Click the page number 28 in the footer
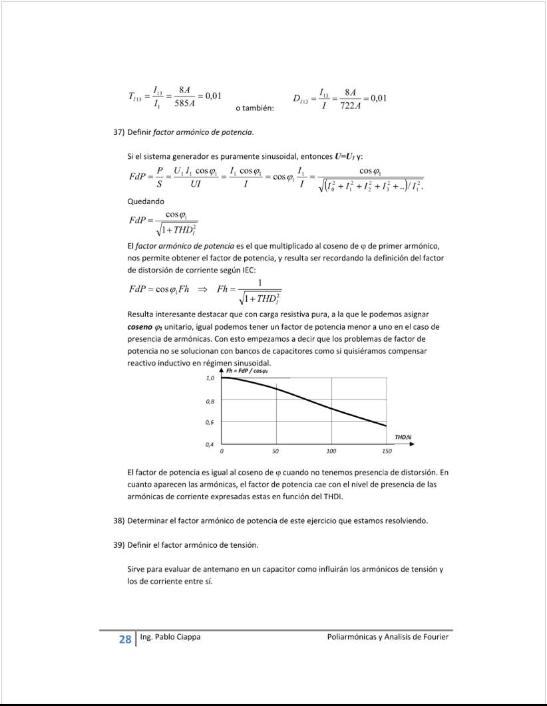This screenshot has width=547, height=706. pyautogui.click(x=124, y=640)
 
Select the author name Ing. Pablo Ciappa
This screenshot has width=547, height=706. pyautogui.click(x=170, y=637)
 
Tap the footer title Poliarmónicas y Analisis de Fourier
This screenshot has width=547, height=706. pyautogui.click(x=388, y=637)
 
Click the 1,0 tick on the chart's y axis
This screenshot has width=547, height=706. pyautogui.click(x=210, y=378)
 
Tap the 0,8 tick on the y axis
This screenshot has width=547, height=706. pyautogui.click(x=210, y=402)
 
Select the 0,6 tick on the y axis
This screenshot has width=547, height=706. pyautogui.click(x=210, y=423)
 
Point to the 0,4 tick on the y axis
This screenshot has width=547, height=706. pyautogui.click(x=210, y=444)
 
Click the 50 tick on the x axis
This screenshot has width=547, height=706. pyautogui.click(x=275, y=451)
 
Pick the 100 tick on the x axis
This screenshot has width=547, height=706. pyautogui.click(x=331, y=451)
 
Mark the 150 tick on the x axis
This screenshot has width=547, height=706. pyautogui.click(x=387, y=451)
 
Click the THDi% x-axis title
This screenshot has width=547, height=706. pyautogui.click(x=403, y=437)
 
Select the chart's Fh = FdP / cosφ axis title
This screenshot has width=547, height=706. pyautogui.click(x=248, y=370)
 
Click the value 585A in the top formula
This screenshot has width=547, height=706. pyautogui.click(x=184, y=104)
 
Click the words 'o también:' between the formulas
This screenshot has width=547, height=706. pyautogui.click(x=255, y=108)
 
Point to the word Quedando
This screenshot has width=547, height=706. pyautogui.click(x=146, y=201)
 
